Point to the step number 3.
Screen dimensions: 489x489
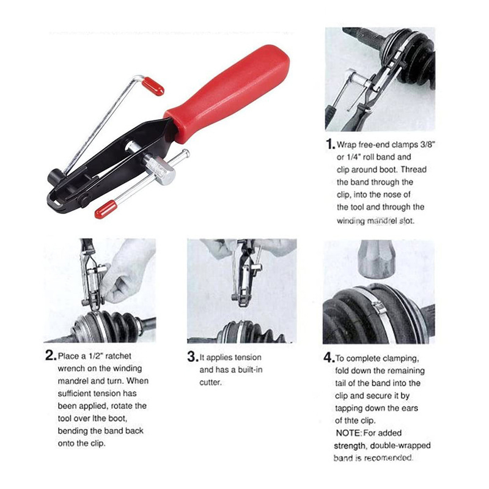coord(192,356)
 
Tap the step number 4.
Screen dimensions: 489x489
coord(328,358)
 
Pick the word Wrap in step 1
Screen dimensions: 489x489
coord(353,144)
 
